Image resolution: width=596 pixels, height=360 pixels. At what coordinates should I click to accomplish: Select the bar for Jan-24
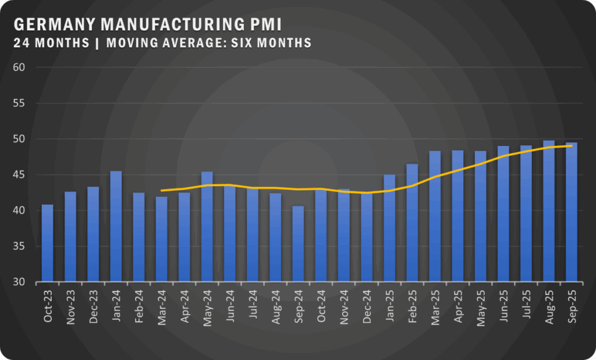click(x=116, y=226)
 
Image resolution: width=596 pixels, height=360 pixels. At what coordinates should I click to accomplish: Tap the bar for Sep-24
click(x=298, y=244)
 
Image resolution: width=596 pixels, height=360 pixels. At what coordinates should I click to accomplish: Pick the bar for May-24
click(x=207, y=226)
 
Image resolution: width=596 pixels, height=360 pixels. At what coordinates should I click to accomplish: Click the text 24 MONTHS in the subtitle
click(x=51, y=43)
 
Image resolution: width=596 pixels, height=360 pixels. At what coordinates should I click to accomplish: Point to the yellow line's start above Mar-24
click(x=161, y=190)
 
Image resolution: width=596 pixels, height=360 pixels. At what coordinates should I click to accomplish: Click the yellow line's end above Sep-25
click(x=572, y=145)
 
